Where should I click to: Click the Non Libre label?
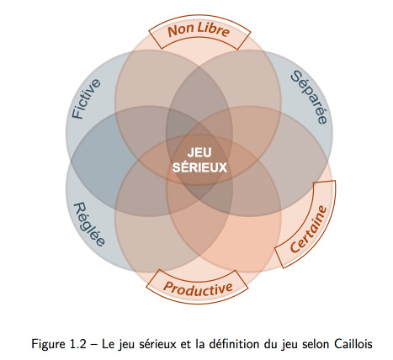[x=199, y=30]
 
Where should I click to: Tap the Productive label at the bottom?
[x=198, y=289]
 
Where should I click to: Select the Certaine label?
[x=308, y=229]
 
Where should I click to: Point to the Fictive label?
[x=86, y=99]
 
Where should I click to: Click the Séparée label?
[x=309, y=97]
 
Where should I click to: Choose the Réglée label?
[x=89, y=225]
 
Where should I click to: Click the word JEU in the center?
[x=199, y=153]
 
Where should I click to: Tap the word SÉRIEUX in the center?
[x=199, y=167]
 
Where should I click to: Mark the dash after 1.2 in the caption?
[x=93, y=345]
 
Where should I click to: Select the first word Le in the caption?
[x=107, y=344]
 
